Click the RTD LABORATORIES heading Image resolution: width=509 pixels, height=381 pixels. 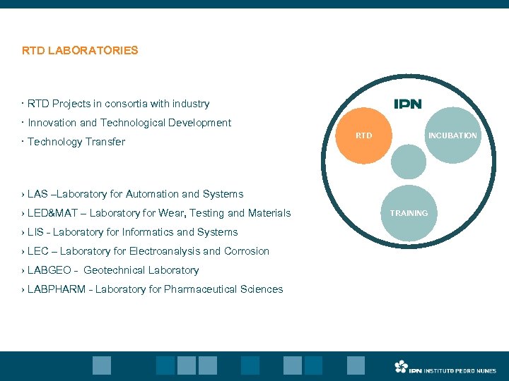(80, 51)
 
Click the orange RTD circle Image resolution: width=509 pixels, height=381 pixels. (363, 135)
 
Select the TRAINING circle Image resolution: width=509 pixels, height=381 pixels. (409, 213)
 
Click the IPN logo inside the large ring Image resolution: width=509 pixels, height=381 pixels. (407, 104)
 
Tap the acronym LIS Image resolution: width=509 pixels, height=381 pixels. (35, 232)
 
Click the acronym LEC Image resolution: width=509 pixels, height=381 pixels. (38, 251)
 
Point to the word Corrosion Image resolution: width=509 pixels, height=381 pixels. (246, 251)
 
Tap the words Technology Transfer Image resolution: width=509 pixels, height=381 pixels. (76, 142)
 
